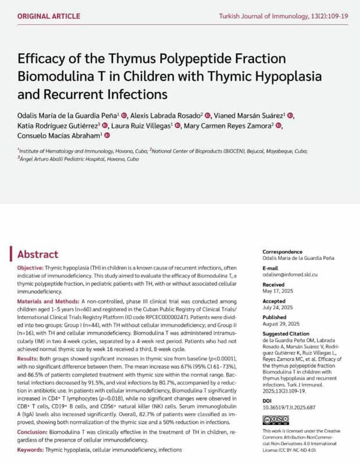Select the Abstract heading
pyautogui.click(x=38, y=254)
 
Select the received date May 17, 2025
pyautogui.click(x=268, y=291)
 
